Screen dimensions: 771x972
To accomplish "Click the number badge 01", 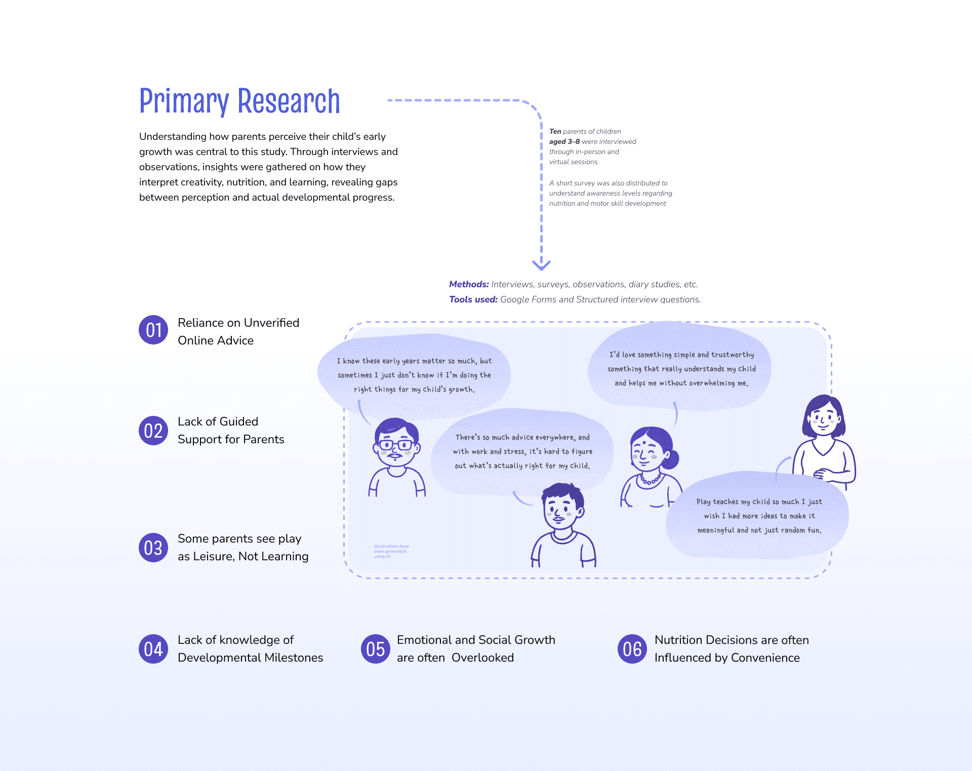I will [153, 330].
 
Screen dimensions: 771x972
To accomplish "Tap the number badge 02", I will [153, 431].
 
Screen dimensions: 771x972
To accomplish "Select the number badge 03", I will [153, 548].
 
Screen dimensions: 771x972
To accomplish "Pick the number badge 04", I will [153, 649].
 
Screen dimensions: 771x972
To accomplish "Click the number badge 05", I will [375, 649].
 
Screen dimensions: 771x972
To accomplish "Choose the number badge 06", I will [632, 649].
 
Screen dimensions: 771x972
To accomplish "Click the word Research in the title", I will [289, 101].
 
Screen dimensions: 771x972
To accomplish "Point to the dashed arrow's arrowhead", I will [541, 264].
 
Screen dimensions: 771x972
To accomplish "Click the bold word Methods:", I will [469, 284].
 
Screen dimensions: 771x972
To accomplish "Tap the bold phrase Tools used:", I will [473, 299].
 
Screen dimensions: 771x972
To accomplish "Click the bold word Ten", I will [555, 131].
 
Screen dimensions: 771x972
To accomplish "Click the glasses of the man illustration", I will [397, 445].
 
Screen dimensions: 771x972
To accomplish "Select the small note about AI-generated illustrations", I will [391, 551].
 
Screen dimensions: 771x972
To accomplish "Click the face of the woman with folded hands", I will [823, 420].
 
